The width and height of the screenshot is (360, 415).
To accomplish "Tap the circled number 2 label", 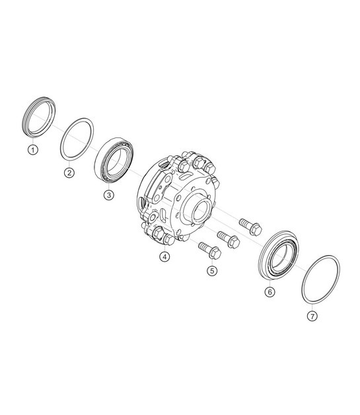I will [69, 173].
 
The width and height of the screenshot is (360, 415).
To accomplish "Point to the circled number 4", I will [164, 256].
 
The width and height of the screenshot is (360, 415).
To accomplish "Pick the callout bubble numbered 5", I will [211, 270].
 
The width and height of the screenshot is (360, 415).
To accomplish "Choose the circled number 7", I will [311, 316].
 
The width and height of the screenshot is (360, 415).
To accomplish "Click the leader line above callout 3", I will [108, 185].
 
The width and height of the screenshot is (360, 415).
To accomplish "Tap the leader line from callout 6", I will [270, 280].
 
